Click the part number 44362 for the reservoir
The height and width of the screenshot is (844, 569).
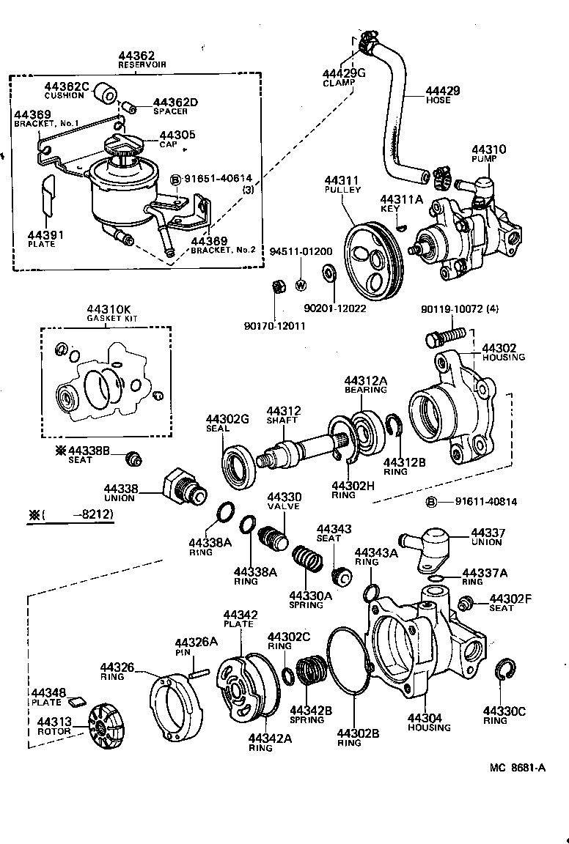point(137,56)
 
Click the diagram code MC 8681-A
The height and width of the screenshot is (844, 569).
point(518,768)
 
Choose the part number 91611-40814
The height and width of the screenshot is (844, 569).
point(485,502)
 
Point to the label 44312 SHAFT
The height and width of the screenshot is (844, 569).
point(284,415)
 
